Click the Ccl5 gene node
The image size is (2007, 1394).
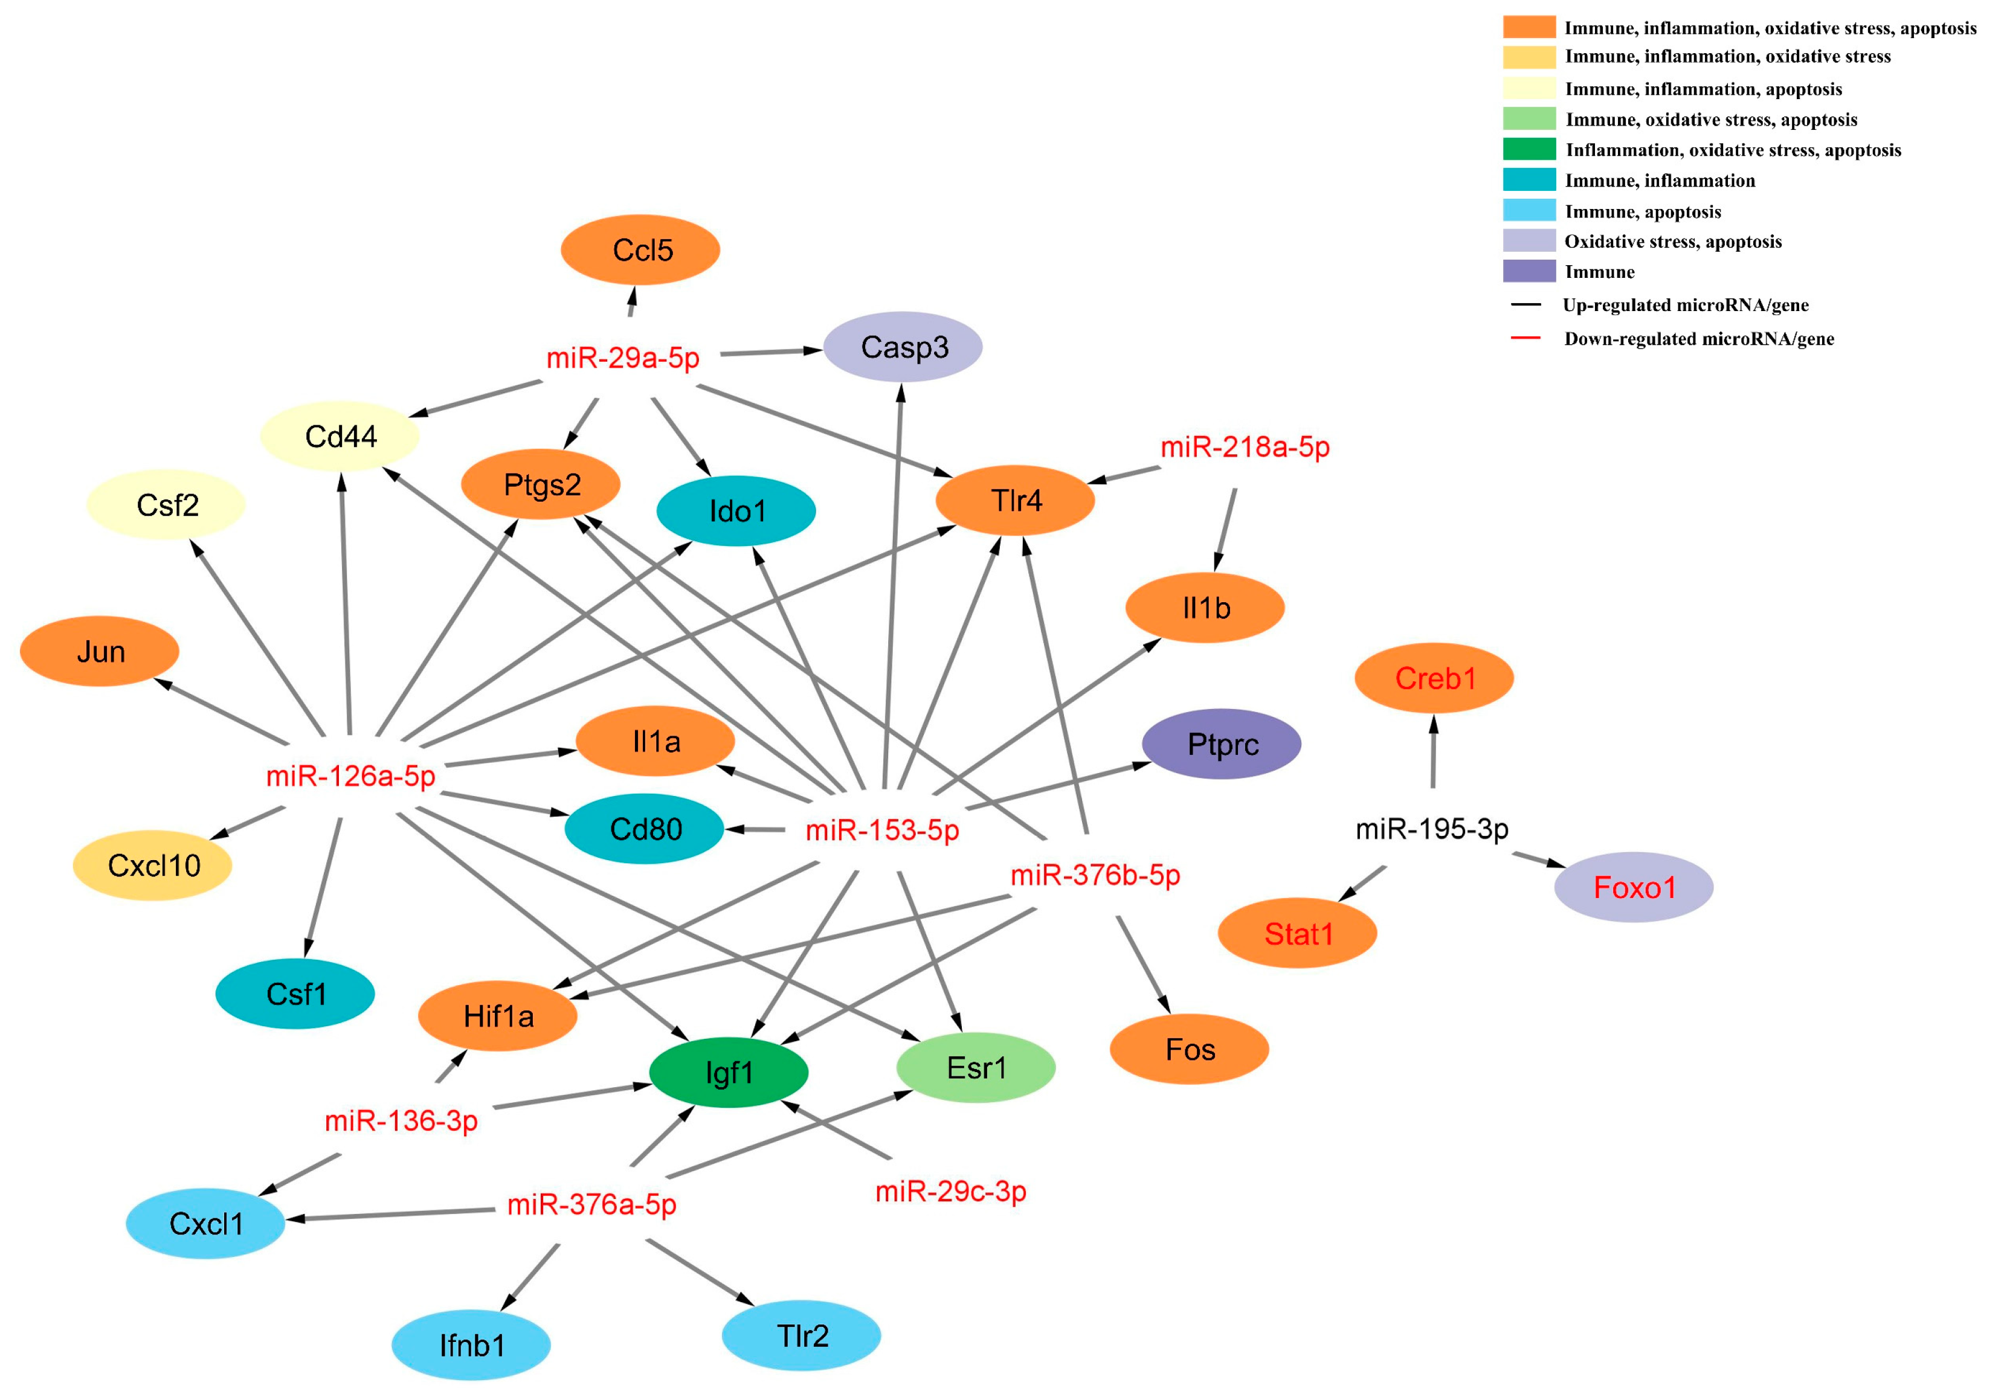[x=640, y=250]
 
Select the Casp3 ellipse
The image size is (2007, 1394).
[x=903, y=347]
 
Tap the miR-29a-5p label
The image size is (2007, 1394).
[x=622, y=358]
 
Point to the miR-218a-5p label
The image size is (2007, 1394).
[x=1243, y=447]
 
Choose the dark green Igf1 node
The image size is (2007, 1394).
[x=728, y=1071]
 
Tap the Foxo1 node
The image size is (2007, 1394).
[x=1632, y=887]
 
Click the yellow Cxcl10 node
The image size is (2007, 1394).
[x=152, y=866]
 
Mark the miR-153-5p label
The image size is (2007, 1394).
[x=881, y=830]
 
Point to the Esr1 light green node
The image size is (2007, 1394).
[x=975, y=1067]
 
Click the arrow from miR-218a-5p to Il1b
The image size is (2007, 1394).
[x=1225, y=530]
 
